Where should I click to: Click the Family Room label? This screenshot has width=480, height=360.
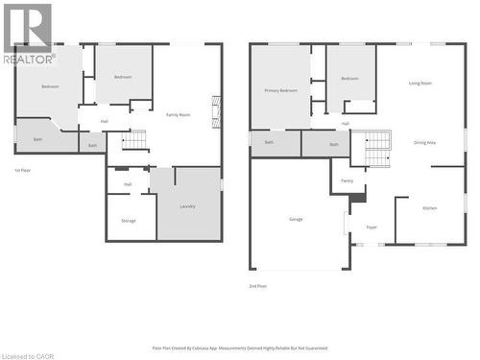(179, 114)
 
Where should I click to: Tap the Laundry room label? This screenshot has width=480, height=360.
(188, 206)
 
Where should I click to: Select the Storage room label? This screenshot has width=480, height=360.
(129, 221)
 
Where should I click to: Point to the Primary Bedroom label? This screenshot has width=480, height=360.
(280, 90)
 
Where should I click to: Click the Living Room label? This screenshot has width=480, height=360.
(420, 84)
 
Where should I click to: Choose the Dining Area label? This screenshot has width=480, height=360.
(424, 142)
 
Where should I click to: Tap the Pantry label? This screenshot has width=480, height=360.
(347, 180)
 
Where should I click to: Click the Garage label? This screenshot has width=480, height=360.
(296, 219)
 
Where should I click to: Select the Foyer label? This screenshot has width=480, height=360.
(371, 228)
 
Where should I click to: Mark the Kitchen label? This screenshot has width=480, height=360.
(429, 207)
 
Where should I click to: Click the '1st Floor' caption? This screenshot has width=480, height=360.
(22, 170)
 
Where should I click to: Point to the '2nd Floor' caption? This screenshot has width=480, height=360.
(258, 286)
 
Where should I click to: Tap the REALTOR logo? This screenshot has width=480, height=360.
(27, 34)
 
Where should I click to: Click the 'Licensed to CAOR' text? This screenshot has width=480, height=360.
(28, 355)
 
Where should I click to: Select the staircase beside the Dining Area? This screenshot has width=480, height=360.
(377, 146)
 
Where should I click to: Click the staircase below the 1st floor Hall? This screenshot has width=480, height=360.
(135, 141)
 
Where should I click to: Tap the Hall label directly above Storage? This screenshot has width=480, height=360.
(128, 183)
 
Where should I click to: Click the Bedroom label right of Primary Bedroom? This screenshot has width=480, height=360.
(349, 78)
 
